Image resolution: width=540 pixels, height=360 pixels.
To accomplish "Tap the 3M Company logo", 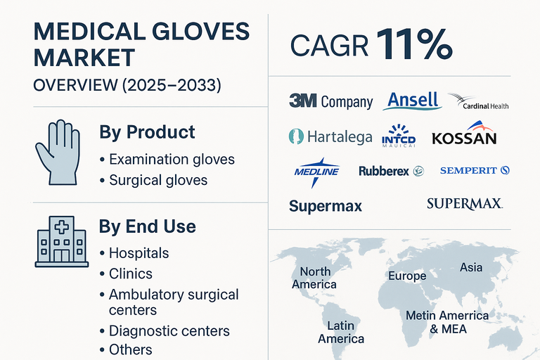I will [330, 101].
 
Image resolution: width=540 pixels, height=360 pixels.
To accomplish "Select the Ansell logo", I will [412, 101].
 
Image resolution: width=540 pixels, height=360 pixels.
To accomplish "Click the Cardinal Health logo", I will [478, 103].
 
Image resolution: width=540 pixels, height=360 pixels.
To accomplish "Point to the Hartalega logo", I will [330, 136].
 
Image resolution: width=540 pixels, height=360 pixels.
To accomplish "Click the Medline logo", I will [316, 171].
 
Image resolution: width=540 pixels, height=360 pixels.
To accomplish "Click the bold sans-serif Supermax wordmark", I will [326, 206].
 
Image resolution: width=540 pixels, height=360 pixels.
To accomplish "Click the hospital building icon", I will [61, 240].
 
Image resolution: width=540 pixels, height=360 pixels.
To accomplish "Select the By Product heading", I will [147, 132].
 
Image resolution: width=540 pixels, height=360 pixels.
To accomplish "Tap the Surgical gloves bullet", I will [158, 180].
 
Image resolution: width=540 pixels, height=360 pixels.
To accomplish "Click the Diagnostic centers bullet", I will [169, 330].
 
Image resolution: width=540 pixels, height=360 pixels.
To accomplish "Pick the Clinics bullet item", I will [130, 274].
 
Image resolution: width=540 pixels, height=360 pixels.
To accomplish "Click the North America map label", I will [314, 278].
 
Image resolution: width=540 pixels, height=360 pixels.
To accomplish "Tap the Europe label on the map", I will [407, 276].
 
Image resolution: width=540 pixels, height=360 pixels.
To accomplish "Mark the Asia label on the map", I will [471, 267].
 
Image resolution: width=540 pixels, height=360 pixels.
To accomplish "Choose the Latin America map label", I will [340, 332].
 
